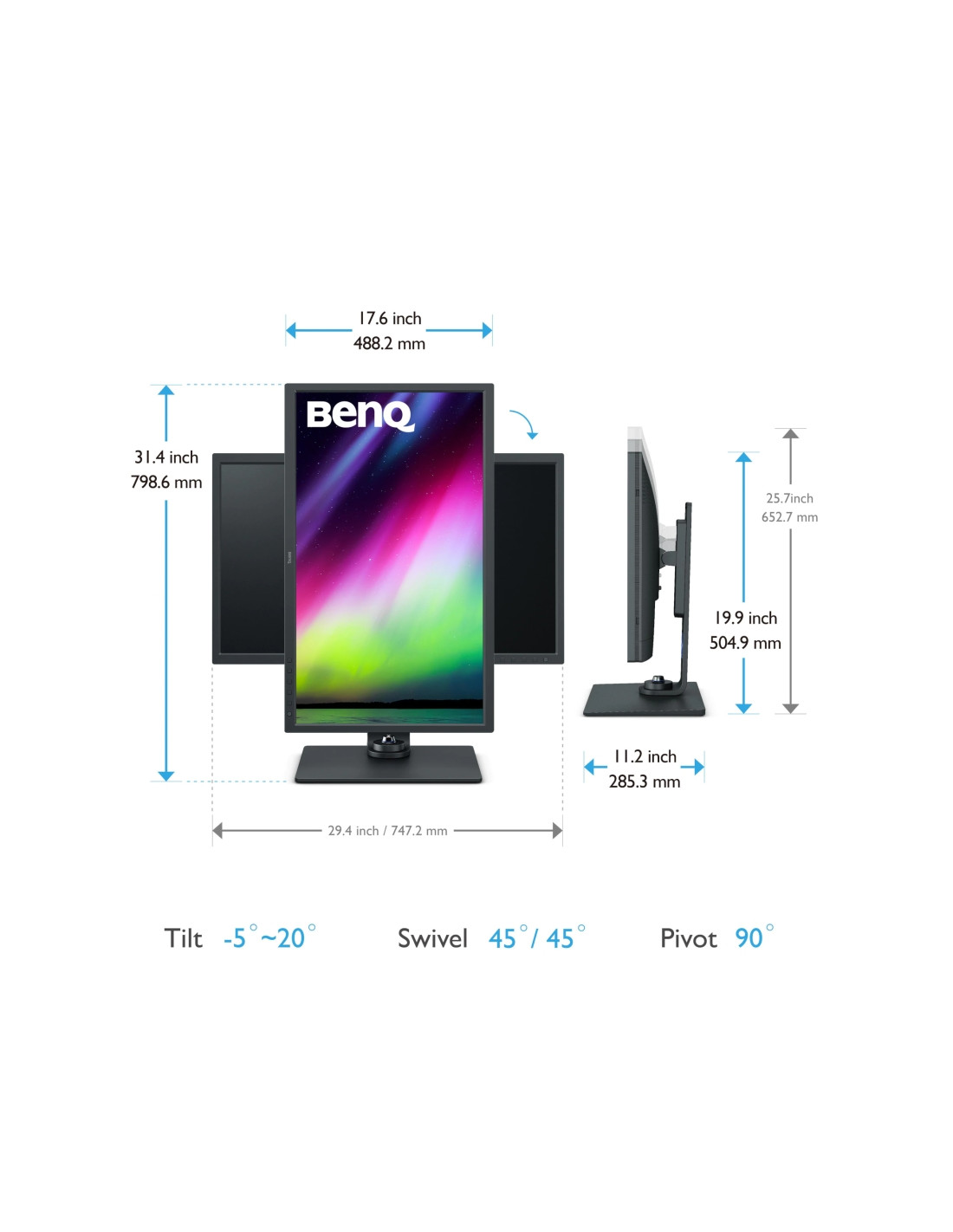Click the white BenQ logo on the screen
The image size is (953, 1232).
360,416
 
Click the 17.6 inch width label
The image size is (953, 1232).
389,319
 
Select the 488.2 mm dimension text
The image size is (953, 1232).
389,344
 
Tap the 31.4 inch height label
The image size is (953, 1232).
166,457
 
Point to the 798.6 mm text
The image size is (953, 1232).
166,482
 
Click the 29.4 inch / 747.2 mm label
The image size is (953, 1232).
387,831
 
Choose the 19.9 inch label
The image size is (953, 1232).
745,618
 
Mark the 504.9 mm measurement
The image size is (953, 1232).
745,643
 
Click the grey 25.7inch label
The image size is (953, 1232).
789,498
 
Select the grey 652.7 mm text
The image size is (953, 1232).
789,517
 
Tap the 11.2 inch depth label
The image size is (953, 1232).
645,756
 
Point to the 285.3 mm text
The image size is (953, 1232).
645,781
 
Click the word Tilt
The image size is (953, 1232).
183,938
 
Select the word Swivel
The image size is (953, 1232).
432,938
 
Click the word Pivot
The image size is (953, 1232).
688,938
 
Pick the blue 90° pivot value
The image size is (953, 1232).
754,937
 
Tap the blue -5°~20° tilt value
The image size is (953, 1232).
269,937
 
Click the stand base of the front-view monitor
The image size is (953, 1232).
388,763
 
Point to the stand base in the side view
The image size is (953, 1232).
644,699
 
